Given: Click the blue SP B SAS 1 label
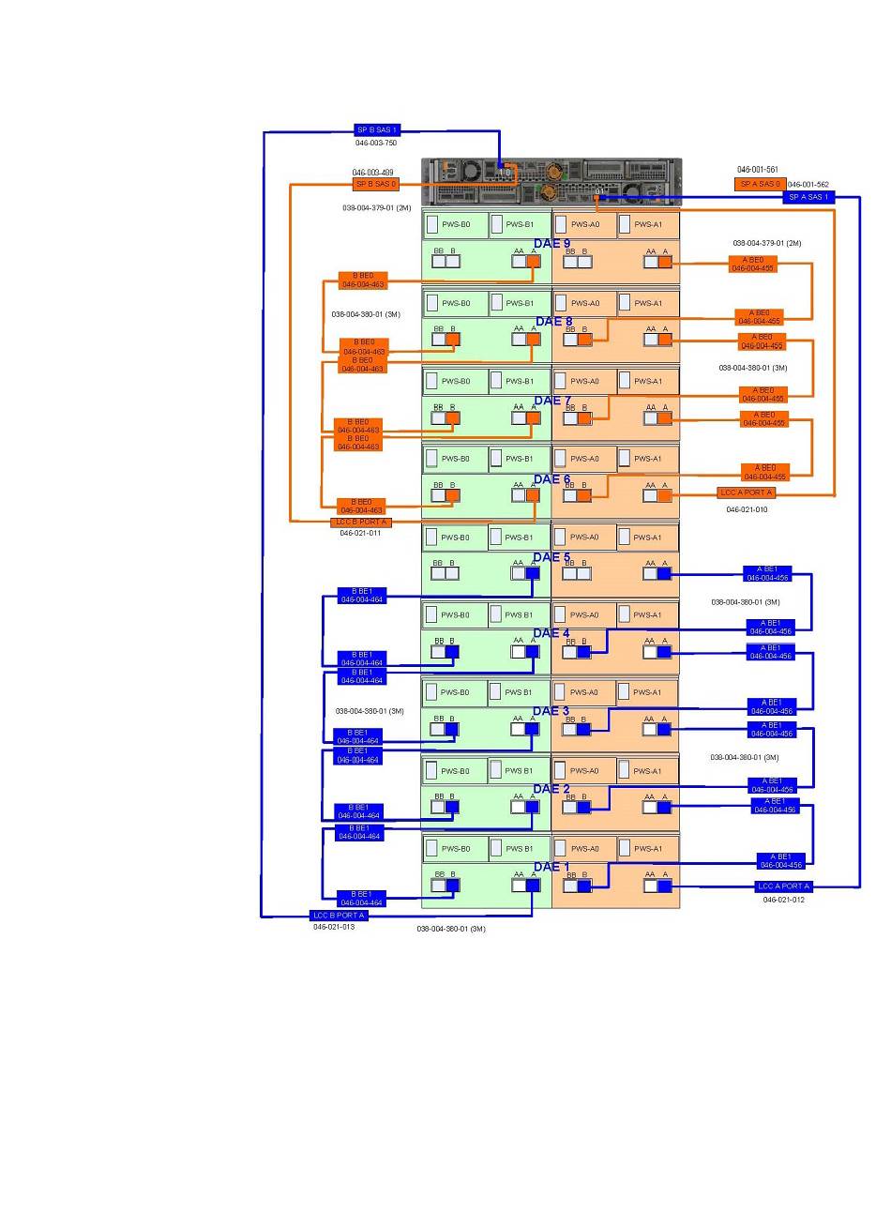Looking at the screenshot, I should click(377, 129).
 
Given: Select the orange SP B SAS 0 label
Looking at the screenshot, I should click(376, 184).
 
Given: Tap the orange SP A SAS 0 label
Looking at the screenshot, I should click(759, 184).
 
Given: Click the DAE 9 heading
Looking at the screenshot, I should click(552, 244).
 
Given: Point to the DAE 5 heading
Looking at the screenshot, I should click(551, 557).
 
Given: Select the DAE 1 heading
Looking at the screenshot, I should click(551, 867).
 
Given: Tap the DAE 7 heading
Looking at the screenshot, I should click(552, 401).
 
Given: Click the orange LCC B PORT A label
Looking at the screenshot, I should click(360, 522).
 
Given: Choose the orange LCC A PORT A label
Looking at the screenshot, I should click(747, 492).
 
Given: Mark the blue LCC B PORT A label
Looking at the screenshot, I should click(339, 916).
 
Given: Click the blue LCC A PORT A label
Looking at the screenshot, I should click(783, 886).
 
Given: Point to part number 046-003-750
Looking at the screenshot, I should click(375, 143).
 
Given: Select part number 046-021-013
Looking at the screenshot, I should click(334, 927).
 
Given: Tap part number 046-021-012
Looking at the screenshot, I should click(783, 900).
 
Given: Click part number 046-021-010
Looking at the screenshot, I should click(747, 509).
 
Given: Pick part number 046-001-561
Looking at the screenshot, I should click(757, 170).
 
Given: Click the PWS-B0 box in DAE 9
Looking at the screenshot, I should click(456, 224).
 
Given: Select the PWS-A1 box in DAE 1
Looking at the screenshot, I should click(647, 849).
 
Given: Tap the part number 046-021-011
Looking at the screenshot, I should click(360, 533).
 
